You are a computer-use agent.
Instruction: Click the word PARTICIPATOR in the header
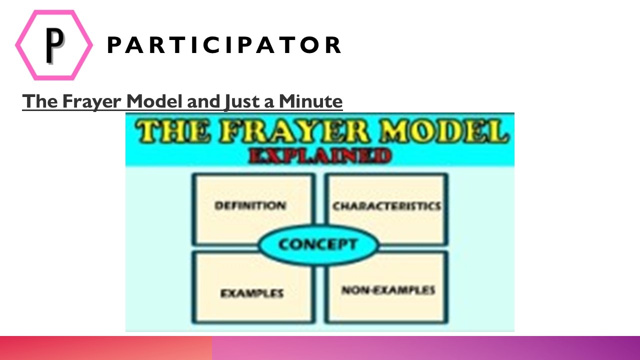[224, 45]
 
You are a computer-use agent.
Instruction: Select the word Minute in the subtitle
[310, 101]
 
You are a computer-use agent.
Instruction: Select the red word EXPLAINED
[320, 155]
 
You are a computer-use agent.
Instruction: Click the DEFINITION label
[250, 205]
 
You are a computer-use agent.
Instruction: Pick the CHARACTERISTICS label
[386, 206]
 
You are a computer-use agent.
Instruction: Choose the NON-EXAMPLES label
[388, 290]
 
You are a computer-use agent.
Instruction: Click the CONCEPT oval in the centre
[318, 244]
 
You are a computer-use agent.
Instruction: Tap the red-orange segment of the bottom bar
[105, 348]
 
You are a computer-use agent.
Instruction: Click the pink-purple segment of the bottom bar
[425, 348]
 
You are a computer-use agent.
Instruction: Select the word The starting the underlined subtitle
[40, 101]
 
